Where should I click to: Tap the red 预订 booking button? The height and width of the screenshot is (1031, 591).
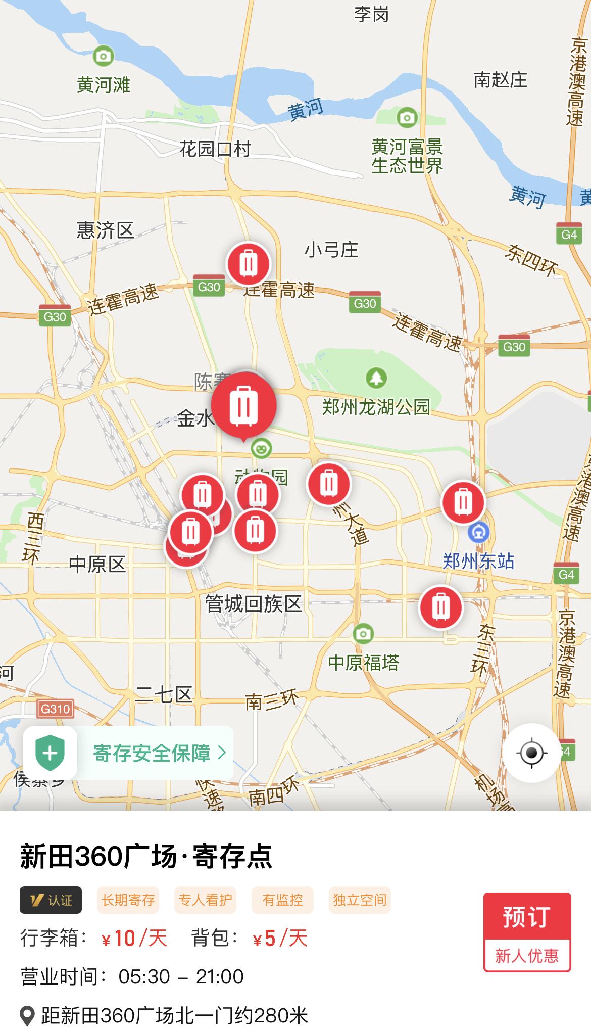[526, 916]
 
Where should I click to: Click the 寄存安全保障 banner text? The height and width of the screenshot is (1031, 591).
[152, 753]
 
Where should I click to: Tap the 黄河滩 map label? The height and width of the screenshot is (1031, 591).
[104, 84]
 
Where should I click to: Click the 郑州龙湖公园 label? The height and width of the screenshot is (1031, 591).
[376, 407]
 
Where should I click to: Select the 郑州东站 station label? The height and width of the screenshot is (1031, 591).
[478, 561]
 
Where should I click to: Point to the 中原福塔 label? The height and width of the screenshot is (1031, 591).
[363, 663]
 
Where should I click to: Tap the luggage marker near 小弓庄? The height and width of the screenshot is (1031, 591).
[248, 264]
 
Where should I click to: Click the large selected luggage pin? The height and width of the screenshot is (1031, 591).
[243, 405]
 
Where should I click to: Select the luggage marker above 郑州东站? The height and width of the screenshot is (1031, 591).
[463, 502]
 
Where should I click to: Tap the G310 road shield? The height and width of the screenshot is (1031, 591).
[55, 709]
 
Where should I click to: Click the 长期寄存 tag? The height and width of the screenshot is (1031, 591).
[128, 900]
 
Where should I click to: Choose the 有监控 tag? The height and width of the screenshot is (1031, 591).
[282, 900]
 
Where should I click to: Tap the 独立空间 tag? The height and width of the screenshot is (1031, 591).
[360, 900]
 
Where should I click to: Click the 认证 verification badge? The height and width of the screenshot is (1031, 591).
[51, 900]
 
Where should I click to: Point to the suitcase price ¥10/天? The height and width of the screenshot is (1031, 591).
[134, 939]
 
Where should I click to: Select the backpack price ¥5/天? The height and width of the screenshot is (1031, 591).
[280, 939]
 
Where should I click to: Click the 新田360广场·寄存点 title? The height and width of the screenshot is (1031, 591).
[146, 857]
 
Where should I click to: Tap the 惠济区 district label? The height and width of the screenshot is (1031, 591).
[105, 230]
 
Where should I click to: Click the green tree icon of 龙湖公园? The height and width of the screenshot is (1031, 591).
[376, 378]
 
